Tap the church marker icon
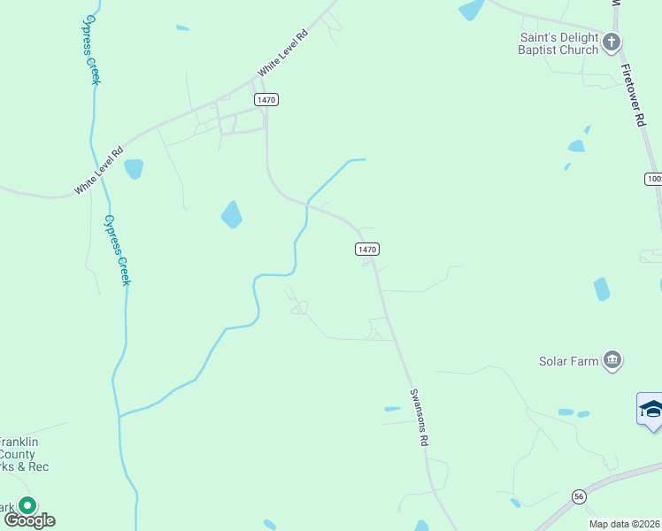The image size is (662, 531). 612,42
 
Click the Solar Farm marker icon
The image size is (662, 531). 612,359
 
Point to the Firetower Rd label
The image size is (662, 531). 631,98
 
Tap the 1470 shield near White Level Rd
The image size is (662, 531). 266,99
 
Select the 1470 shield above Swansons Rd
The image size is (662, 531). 368,250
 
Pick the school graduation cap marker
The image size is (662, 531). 651,409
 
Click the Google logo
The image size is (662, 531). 29,519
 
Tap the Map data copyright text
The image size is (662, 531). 625,524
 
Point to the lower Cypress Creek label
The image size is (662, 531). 117,250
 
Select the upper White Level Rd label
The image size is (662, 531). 282,52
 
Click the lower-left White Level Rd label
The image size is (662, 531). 97,172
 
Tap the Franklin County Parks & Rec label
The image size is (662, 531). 23,454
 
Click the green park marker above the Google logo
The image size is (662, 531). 27,506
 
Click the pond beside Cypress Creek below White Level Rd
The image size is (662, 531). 134,168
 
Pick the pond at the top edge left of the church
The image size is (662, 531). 471,10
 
